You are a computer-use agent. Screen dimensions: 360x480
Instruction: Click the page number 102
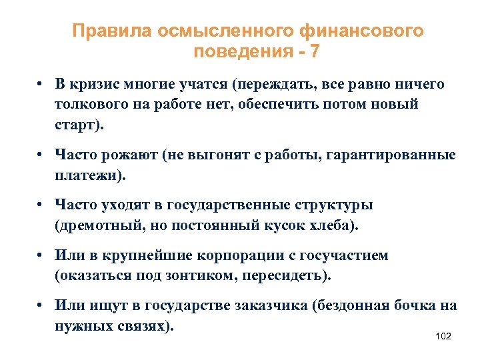click(x=443, y=336)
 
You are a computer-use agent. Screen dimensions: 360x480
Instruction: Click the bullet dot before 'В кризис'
click(x=41, y=85)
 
